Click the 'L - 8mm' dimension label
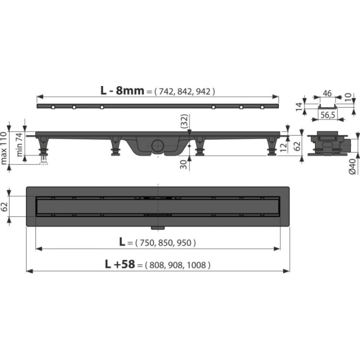[x=122, y=90]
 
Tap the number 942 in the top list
[x=203, y=91]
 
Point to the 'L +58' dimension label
[x=120, y=264]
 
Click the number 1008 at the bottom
[x=196, y=265]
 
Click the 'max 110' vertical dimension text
[x=4, y=148]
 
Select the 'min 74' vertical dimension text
[x=19, y=144]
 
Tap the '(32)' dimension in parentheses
[x=184, y=121]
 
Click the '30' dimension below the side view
[x=183, y=164]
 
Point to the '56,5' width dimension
[x=327, y=115]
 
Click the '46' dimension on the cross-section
[x=327, y=93]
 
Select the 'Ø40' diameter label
[x=352, y=166]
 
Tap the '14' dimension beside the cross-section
[x=298, y=106]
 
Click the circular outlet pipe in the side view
[x=157, y=145]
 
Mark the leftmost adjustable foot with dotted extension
[x=43, y=150]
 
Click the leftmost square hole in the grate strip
[x=53, y=107]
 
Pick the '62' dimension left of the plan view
[x=4, y=206]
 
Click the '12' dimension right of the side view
[x=284, y=147]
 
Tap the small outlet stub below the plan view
[x=157, y=228]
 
